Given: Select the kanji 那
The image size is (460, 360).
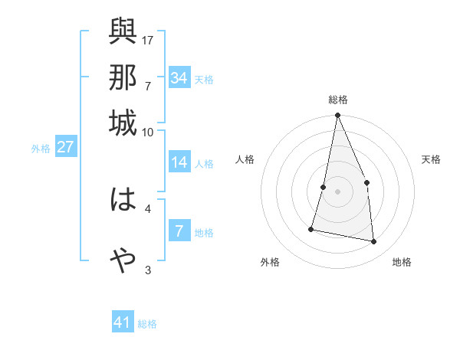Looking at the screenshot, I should coord(123,77).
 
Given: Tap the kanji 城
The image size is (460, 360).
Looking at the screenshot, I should coord(123,123).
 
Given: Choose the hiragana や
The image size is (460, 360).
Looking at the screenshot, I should coord(123,260).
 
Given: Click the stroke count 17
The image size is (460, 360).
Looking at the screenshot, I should coord(149,40).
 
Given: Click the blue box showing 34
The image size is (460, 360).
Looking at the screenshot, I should coord(179,77).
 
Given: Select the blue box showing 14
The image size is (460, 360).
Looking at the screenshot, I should coord(179,162).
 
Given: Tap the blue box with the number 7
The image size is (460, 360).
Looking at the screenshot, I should coord(179,231).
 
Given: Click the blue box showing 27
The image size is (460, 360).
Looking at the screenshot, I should coord(65,147).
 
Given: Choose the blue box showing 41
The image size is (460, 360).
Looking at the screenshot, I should coord(123,322).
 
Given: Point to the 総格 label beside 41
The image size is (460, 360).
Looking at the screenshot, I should coord(147,324).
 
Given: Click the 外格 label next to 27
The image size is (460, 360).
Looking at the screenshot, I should coord(40,149).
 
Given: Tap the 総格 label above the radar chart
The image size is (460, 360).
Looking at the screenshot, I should coord(337,100).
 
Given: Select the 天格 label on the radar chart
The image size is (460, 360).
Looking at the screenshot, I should coord(431,159).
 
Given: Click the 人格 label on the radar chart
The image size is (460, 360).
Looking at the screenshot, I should coord(245,159).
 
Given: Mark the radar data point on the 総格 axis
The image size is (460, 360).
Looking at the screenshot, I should coord(337,116).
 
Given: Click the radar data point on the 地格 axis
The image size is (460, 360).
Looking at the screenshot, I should coord(374,242).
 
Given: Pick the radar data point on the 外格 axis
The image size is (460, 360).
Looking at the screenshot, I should coord(311,228).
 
